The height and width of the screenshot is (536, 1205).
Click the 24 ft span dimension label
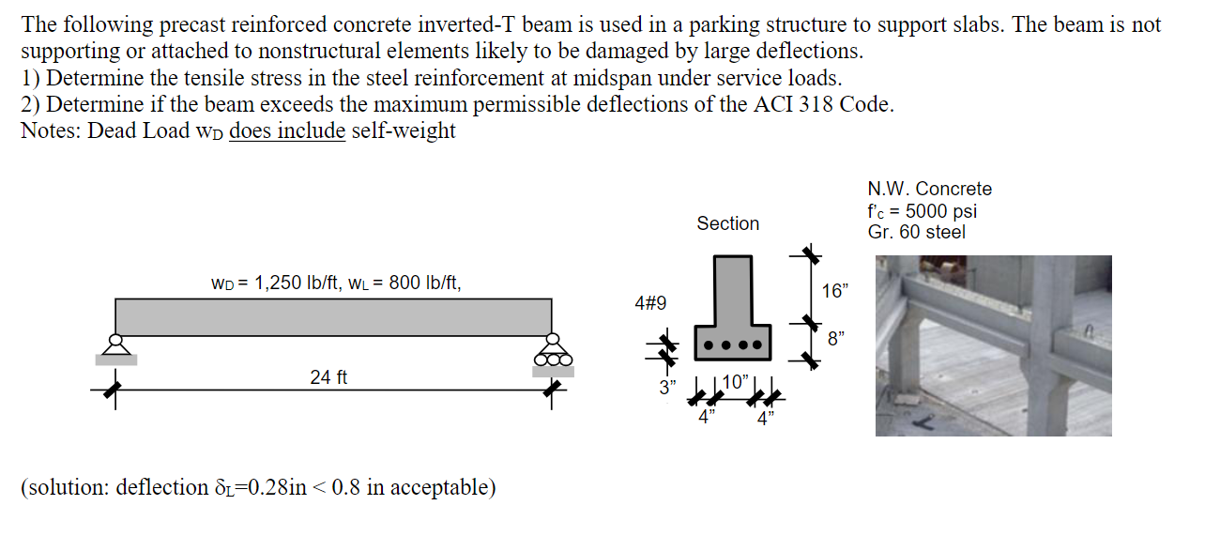pyautogui.click(x=328, y=377)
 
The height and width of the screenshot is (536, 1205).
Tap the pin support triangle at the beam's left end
pyautogui.click(x=115, y=345)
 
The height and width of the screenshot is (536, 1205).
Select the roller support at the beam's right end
pyautogui.click(x=552, y=352)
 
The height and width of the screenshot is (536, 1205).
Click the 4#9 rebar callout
pyautogui.click(x=650, y=303)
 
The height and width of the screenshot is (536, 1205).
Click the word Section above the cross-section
pyautogui.click(x=727, y=223)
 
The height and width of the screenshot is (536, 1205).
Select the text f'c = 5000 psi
pyautogui.click(x=923, y=210)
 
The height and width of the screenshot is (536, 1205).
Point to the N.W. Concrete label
pyautogui.click(x=929, y=189)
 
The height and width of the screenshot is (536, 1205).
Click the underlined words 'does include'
pyautogui.click(x=287, y=130)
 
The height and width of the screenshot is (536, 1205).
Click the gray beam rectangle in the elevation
pyautogui.click(x=332, y=316)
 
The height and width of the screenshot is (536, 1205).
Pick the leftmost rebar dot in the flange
pyautogui.click(x=710, y=345)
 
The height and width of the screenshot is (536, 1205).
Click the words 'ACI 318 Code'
pyautogui.click(x=822, y=104)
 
